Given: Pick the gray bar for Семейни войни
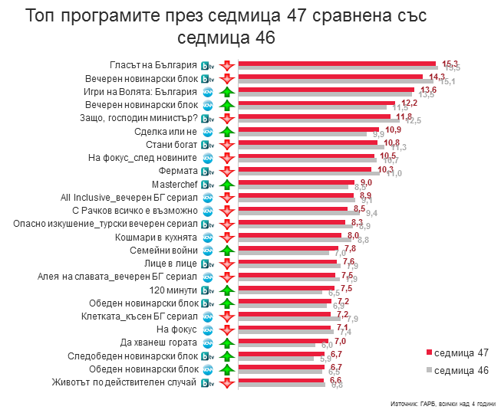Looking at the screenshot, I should pos(284,252).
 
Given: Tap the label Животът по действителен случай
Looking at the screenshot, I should pos(124,382).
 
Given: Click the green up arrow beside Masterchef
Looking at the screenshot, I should pos(226,185).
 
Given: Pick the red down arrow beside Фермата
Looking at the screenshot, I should pos(226,171).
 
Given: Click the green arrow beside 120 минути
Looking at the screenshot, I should pos(226,290).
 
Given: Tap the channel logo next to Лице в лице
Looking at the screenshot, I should pos(207,264).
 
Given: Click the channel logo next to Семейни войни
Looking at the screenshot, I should pos(207,251).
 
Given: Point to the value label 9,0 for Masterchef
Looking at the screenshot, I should pos(366,182).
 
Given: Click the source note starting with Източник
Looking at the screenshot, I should pos(442,403).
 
